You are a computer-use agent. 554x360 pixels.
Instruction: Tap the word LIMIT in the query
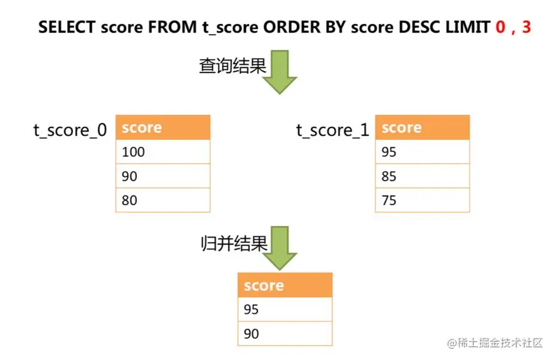(468, 28)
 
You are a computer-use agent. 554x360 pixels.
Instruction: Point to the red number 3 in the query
(526, 28)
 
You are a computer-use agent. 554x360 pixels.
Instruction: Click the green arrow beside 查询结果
(279, 72)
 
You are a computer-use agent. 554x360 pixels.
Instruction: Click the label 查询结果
(232, 66)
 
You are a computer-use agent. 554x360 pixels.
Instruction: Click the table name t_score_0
(71, 130)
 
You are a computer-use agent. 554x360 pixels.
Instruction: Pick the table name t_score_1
(333, 130)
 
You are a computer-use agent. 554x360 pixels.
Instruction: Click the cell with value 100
(163, 152)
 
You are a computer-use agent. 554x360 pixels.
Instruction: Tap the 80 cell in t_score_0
(163, 200)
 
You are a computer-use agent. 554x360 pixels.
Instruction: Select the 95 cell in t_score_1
(422, 152)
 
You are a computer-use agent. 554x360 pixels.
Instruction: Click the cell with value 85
(422, 176)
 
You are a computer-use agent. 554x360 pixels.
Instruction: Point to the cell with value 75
(422, 200)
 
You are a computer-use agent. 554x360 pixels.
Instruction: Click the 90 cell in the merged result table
(284, 334)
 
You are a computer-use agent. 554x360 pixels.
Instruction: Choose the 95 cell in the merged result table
(284, 309)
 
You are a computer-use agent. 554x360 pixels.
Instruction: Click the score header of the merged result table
(284, 285)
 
